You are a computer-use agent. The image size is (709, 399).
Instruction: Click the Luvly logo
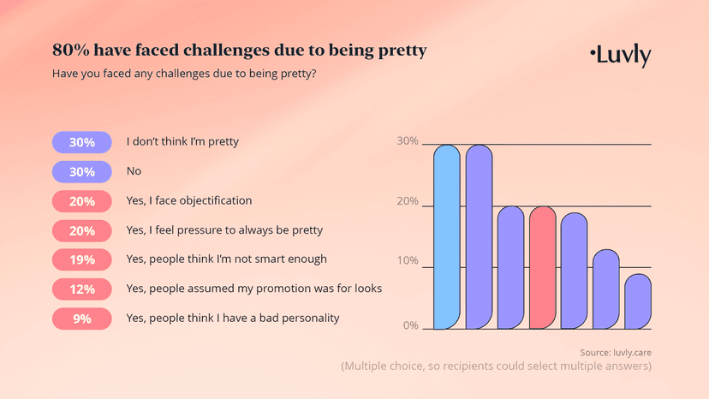coord(621,56)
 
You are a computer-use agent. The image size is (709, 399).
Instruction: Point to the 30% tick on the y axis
coord(408,141)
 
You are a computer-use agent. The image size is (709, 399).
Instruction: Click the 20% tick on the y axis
coord(408,203)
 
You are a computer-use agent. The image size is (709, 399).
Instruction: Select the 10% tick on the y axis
coord(408,262)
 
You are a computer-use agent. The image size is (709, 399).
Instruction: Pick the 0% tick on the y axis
coord(410,326)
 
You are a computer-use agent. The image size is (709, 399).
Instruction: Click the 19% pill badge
coord(82,259)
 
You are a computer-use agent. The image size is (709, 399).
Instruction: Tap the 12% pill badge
coord(82,289)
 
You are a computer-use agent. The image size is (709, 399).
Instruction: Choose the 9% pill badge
coord(82,319)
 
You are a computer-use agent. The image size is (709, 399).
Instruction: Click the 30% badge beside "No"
coord(82,171)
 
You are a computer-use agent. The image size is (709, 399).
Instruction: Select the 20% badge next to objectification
coord(82,200)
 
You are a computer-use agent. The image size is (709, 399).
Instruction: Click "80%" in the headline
coord(70,51)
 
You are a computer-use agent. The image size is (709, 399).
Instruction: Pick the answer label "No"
coord(134,171)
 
